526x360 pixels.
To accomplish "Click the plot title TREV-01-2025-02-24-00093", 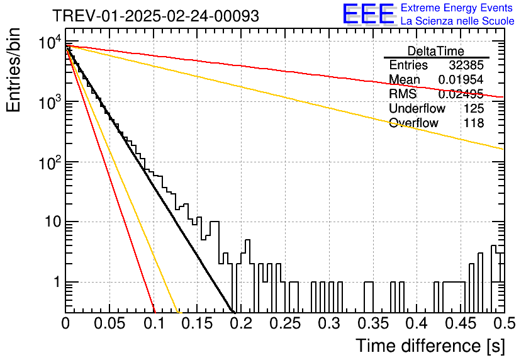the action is (156, 16).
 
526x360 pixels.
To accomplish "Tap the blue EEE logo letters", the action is (368, 14).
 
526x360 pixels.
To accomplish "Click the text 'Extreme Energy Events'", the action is (457, 8).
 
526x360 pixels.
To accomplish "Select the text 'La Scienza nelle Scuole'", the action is (457, 21).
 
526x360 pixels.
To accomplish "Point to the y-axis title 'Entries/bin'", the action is (13, 70).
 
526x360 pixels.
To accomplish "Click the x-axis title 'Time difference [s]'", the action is (430, 346).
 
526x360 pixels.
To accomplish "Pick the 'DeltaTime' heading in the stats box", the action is (436, 51).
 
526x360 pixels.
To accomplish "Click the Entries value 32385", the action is (466, 65).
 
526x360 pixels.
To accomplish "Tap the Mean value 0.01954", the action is (461, 79).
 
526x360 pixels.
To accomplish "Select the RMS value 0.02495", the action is (461, 94).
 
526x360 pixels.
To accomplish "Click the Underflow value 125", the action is (474, 108).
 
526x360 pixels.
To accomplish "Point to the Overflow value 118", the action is (474, 123).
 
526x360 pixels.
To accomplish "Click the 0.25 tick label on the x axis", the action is (286, 323).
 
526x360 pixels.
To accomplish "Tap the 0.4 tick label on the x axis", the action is (417, 323).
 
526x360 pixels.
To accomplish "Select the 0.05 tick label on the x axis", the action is (109, 323).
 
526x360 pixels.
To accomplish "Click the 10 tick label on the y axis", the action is (53, 222).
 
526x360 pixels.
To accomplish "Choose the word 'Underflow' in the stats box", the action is (417, 108).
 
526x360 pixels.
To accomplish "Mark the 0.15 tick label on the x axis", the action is (198, 323).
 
